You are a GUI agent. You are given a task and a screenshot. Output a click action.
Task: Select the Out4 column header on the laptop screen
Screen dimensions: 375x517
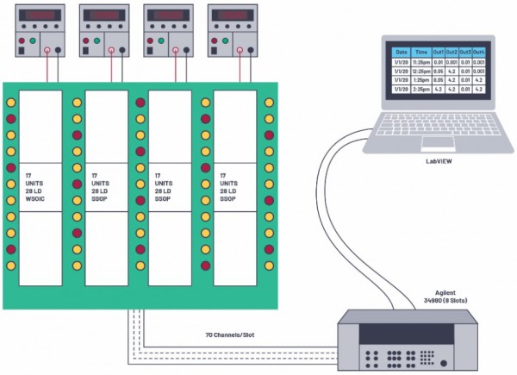(x=479, y=53)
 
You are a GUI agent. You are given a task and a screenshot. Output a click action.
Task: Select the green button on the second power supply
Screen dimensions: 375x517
(x=97, y=41)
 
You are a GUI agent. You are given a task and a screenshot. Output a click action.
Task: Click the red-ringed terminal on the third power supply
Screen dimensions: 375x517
(x=176, y=51)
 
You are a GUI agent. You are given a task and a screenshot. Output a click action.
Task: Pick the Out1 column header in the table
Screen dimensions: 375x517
(x=439, y=53)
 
